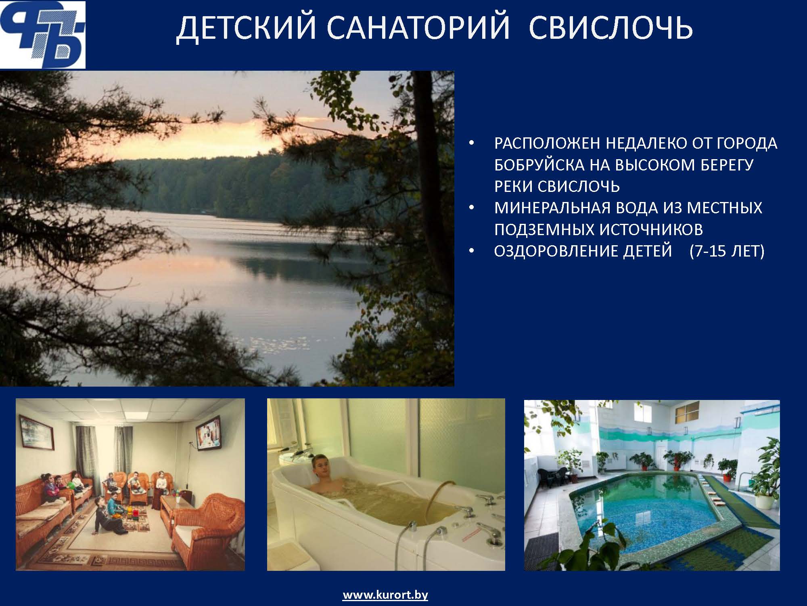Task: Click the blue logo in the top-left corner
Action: (43, 34)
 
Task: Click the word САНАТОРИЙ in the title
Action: (418, 28)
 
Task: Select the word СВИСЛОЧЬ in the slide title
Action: (611, 28)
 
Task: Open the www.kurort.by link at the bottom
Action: (385, 595)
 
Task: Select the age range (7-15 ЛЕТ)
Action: (727, 251)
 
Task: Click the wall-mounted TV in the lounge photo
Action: (209, 433)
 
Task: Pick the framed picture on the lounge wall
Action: (36, 433)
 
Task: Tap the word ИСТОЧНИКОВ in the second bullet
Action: (651, 230)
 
